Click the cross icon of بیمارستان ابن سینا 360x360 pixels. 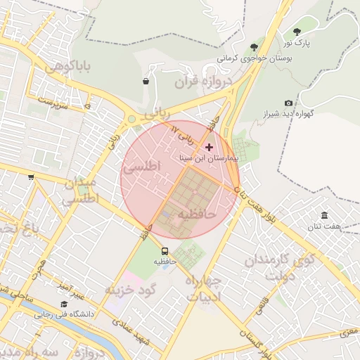209,147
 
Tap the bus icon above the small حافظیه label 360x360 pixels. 165,251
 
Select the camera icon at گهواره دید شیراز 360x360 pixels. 288,103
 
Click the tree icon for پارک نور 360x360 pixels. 296,32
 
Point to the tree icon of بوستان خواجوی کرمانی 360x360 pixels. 253,47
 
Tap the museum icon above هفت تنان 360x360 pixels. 324,215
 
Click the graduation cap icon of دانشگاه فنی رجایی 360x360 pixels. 64,304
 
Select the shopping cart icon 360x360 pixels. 31,177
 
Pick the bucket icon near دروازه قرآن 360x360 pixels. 146,81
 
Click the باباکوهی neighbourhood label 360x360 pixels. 67,67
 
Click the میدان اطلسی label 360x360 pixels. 81,191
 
